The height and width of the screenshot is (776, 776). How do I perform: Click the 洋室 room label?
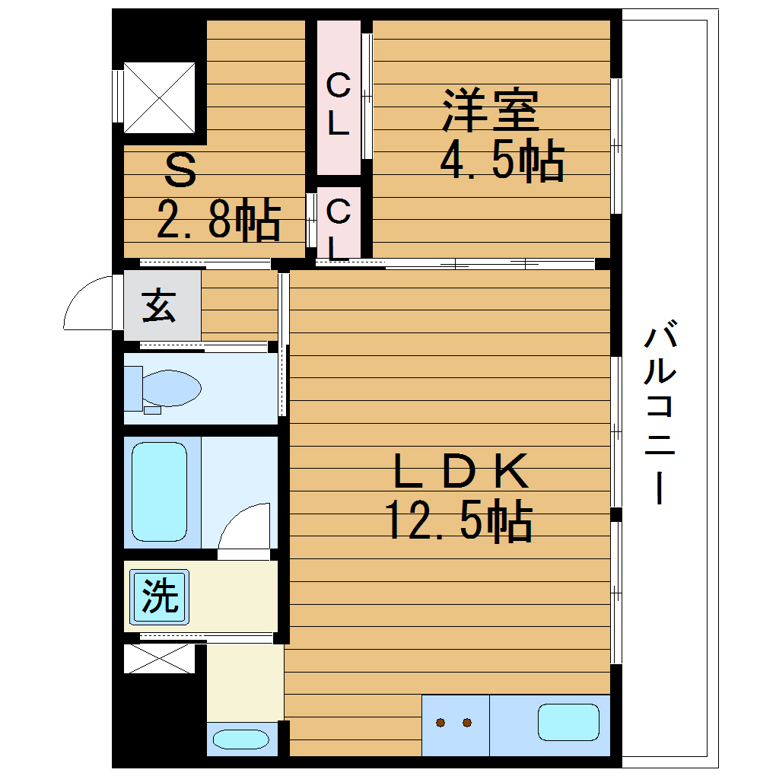pos(491,111)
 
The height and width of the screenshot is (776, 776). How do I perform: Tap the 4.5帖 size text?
pos(502,161)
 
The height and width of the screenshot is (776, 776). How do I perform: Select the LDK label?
pos(460,472)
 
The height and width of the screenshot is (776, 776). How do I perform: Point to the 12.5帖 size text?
pos(459,521)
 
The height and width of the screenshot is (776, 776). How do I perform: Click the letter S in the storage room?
pos(181,171)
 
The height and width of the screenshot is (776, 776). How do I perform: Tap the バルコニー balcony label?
pos(660,415)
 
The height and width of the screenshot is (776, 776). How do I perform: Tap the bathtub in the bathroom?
pos(159,491)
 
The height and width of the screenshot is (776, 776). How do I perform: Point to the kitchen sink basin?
pos(568,722)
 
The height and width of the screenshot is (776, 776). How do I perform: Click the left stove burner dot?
pos(440,723)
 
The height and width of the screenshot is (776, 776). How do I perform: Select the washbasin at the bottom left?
pos(240,739)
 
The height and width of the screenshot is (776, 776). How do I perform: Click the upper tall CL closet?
pos(339,97)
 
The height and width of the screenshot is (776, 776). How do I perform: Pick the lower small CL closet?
pos(339,223)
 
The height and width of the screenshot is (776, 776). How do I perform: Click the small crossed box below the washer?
pos(159,659)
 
